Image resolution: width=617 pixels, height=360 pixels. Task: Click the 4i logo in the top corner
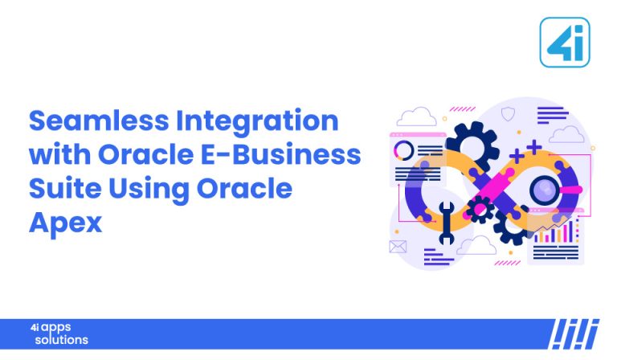[564, 42]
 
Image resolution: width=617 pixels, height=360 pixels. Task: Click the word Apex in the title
[66, 223]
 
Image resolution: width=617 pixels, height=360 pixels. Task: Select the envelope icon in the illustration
[398, 247]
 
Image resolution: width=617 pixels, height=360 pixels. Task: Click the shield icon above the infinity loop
[507, 115]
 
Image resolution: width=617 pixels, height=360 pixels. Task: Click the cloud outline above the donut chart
[415, 117]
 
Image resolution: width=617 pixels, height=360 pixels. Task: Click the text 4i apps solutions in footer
[60, 333]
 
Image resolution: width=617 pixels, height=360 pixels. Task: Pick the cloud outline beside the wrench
[476, 244]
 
